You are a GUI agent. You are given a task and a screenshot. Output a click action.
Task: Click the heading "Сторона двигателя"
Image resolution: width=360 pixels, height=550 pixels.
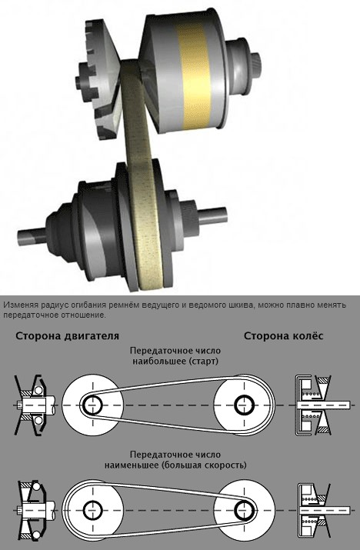click(68, 336)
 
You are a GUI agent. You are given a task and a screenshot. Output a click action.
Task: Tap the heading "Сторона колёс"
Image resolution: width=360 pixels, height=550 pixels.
click(284, 336)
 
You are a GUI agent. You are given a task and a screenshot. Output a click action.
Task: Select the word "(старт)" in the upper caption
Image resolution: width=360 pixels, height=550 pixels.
click(203, 361)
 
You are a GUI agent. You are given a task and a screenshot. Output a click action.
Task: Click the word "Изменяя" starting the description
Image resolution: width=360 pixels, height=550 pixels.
click(18, 305)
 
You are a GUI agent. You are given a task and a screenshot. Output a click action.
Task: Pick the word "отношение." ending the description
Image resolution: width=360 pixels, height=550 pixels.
click(86, 315)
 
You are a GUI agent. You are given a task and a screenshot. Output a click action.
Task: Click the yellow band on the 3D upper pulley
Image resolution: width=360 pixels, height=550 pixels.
click(194, 75)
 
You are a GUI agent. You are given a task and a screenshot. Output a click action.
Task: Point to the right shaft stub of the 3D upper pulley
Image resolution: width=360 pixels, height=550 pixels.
click(255, 64)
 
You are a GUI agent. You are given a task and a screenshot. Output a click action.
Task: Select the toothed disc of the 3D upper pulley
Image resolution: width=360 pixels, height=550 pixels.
click(100, 79)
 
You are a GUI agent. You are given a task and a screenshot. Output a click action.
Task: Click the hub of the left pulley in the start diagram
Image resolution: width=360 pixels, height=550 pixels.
click(92, 405)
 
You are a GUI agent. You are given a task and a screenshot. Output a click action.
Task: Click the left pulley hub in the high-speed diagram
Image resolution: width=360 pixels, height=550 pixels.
click(92, 509)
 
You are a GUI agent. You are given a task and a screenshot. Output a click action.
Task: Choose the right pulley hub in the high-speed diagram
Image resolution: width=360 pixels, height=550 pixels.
click(243, 509)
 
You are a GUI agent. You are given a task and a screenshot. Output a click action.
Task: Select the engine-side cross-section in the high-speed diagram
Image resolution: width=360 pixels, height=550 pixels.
click(35, 509)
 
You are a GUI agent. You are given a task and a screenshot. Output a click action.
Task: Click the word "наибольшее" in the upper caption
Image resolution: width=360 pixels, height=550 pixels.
click(159, 361)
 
